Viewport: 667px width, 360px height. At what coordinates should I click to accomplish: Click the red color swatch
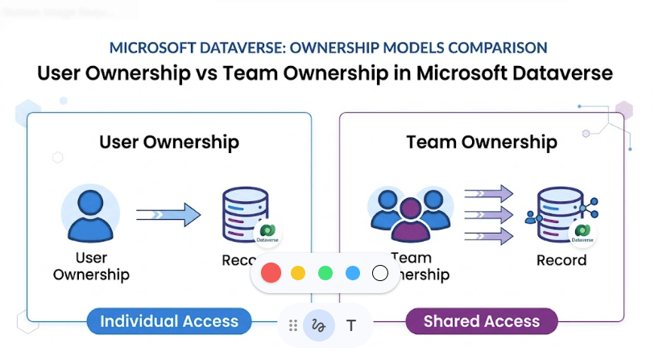click(271, 273)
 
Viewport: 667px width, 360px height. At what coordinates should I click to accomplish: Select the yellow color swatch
click(298, 273)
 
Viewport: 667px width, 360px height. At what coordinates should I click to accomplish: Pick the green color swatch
click(325, 273)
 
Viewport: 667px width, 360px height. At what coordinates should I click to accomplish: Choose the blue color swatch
click(352, 273)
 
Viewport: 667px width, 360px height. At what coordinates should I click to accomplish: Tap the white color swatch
click(380, 273)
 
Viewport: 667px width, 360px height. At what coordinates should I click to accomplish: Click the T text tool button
click(351, 325)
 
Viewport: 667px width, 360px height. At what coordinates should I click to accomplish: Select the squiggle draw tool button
click(319, 325)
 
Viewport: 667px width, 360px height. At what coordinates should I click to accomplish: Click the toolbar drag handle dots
click(292, 325)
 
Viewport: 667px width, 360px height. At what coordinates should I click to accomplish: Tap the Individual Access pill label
click(169, 321)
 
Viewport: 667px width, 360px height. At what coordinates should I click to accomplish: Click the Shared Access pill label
click(481, 321)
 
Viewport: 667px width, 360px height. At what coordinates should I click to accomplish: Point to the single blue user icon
click(90, 214)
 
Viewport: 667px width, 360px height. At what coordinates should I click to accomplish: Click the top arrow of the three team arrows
click(489, 193)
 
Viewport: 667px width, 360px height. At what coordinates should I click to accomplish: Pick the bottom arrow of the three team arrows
click(489, 236)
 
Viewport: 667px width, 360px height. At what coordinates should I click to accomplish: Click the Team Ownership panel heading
click(481, 143)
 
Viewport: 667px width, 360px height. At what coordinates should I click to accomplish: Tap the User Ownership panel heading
click(169, 143)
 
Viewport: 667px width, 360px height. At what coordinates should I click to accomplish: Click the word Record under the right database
click(561, 260)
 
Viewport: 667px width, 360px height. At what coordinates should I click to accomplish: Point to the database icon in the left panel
click(242, 214)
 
